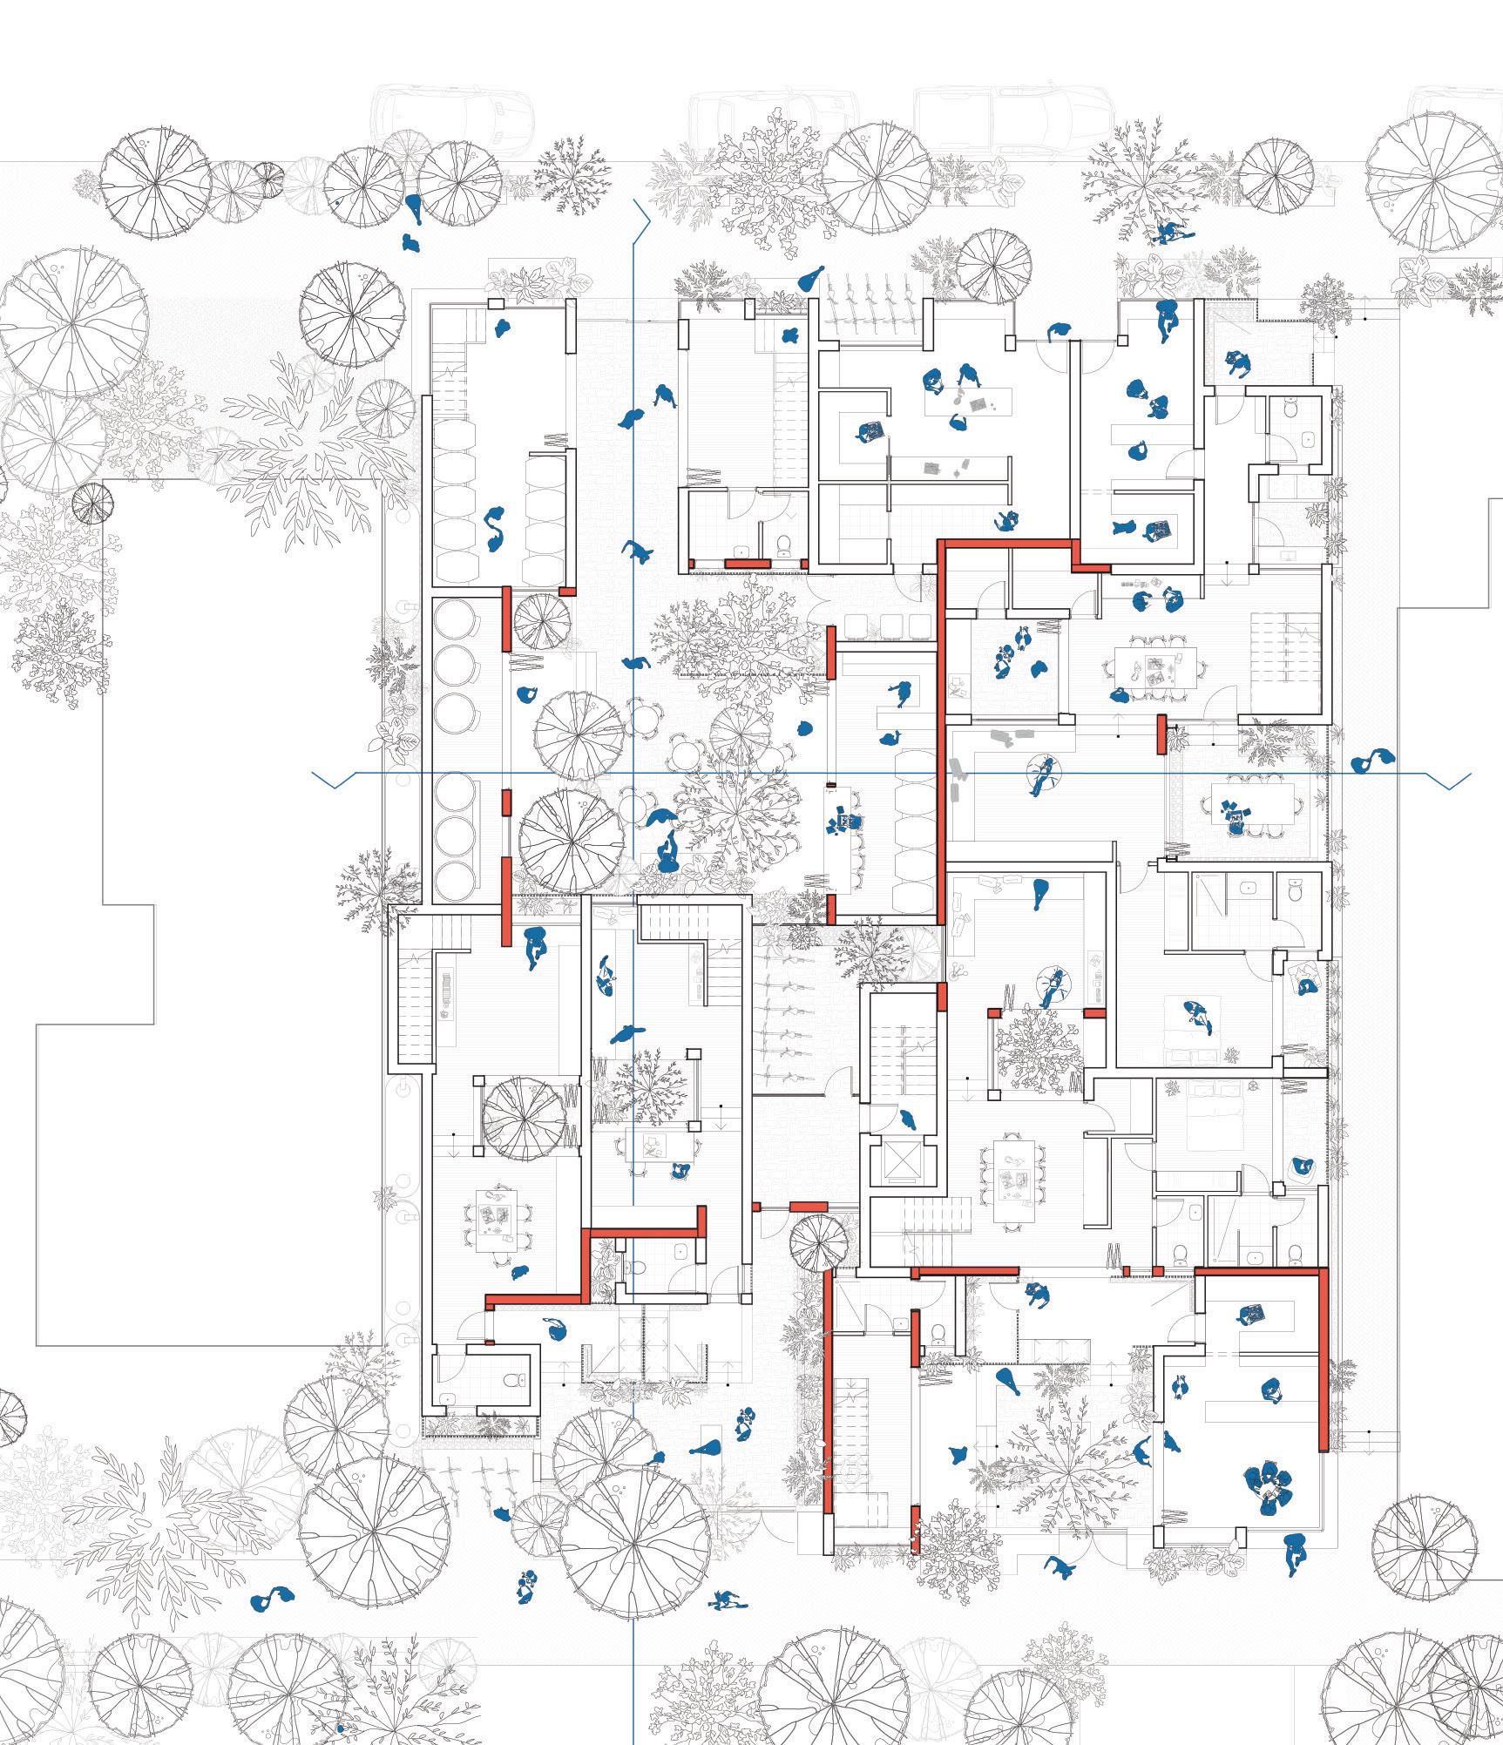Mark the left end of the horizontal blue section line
click(314, 774)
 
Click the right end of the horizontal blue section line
click(1471, 774)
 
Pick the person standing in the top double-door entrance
click(1060, 331)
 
